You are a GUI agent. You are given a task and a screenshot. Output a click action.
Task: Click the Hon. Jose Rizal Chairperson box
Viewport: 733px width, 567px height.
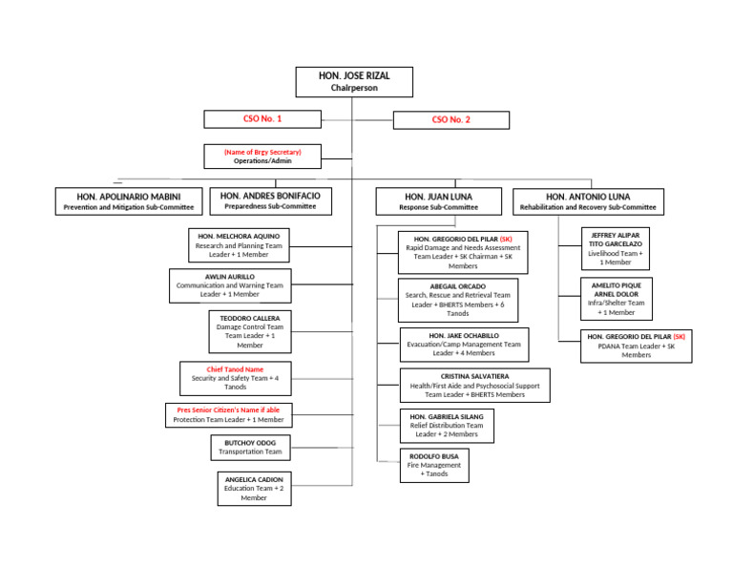354,81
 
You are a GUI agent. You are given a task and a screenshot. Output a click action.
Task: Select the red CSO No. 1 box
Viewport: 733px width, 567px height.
262,119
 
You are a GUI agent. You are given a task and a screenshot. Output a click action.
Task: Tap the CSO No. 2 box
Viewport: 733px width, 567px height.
450,120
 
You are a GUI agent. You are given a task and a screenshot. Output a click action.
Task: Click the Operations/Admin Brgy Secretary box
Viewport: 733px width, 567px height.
262,157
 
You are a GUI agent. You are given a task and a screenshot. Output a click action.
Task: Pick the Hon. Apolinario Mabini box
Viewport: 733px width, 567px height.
128,200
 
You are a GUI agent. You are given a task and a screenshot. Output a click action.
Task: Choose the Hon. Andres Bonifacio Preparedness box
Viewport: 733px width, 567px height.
271,200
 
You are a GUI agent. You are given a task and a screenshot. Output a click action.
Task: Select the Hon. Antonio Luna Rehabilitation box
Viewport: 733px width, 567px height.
600,201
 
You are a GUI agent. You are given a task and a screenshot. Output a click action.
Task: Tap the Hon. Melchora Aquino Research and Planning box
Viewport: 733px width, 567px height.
239,245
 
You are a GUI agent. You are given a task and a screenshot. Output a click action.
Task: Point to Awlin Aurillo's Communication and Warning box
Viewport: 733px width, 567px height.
230,285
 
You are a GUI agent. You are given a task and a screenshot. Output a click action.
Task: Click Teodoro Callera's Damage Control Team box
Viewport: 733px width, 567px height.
249,331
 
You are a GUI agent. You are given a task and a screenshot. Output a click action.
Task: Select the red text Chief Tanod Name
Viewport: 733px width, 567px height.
235,369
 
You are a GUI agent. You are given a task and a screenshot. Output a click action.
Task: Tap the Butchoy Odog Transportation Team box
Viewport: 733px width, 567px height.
250,448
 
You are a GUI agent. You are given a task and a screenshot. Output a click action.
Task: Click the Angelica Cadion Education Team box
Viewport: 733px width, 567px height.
253,488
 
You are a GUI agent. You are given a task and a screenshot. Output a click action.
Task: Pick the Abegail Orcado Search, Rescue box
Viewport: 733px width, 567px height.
458,300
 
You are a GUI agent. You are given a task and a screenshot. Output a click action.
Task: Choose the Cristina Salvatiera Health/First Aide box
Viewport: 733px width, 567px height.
474,386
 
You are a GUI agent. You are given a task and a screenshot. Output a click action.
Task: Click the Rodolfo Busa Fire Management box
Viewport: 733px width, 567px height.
433,466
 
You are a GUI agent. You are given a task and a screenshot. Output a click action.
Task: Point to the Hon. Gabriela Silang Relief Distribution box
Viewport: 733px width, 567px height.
447,426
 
